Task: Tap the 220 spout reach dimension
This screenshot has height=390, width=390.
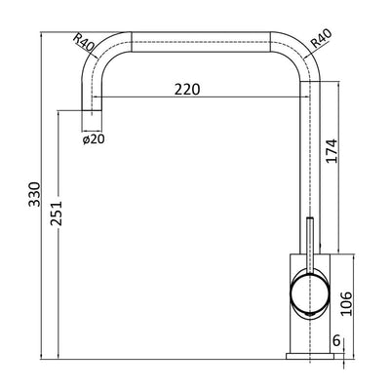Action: coord(187,89)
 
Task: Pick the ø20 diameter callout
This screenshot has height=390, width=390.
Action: coord(94,139)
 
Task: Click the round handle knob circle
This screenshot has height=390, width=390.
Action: coord(310,293)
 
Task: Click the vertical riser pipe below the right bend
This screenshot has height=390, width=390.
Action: coord(309,156)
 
